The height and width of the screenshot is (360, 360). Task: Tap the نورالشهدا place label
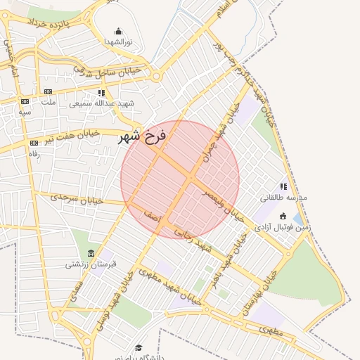pyautogui.click(x=118, y=42)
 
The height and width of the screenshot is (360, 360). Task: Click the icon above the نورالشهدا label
pyautogui.click(x=118, y=31)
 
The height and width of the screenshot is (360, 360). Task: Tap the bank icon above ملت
pyautogui.click(x=48, y=91)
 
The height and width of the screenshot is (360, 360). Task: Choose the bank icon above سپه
pyautogui.click(x=25, y=101)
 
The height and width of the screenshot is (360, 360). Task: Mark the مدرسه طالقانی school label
pyautogui.click(x=284, y=198)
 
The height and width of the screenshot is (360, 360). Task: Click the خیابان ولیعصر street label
pyautogui.click(x=224, y=205)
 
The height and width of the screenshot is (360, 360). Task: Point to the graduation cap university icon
pyautogui.click(x=139, y=347)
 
